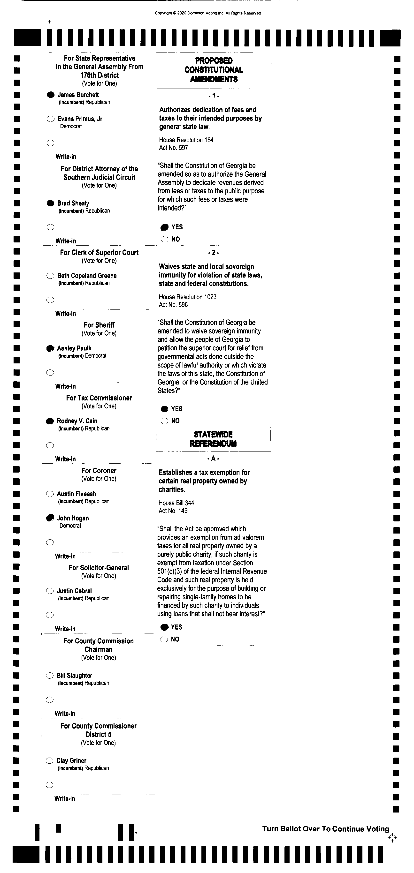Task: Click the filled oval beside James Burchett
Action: (51, 95)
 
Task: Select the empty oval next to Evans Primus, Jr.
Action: (51, 119)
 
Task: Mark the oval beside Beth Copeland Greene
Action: (50, 276)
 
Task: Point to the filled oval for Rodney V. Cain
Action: (50, 421)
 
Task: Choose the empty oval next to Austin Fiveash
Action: (50, 494)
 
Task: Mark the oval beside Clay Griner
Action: (49, 761)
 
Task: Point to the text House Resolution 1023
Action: (187, 297)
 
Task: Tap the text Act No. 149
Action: (173, 511)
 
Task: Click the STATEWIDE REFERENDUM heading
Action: (213, 439)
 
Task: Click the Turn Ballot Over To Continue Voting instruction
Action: (325, 829)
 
